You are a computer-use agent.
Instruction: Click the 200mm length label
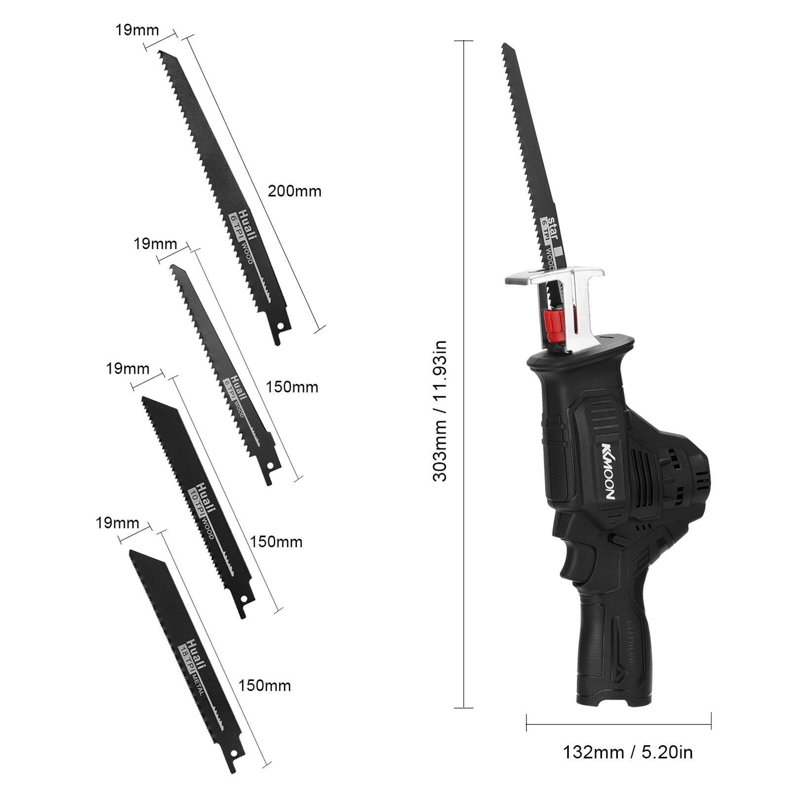click(x=295, y=191)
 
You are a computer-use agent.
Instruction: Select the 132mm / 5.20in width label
click(x=628, y=752)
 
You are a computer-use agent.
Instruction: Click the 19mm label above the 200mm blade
click(x=137, y=30)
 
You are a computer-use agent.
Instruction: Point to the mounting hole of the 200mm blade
click(x=281, y=326)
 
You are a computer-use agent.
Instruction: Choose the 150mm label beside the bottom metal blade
click(x=264, y=685)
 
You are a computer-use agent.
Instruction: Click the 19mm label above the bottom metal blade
click(x=117, y=523)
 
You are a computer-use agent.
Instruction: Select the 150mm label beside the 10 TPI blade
click(x=276, y=542)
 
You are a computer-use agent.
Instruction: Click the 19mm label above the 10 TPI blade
click(x=128, y=368)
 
